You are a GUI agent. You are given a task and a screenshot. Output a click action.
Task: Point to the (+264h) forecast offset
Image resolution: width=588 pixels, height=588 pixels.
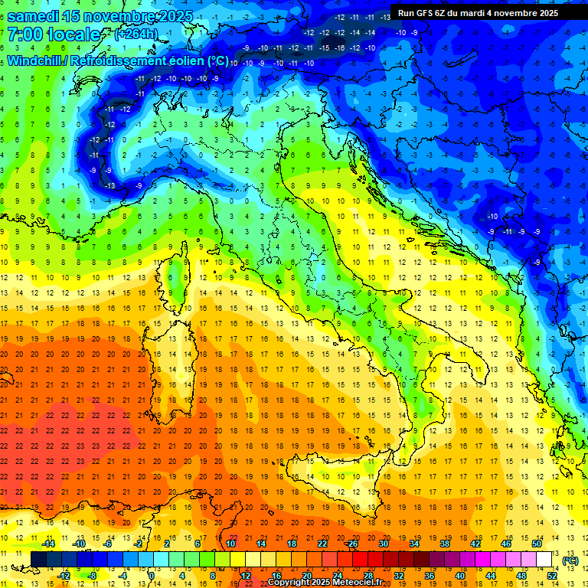[x=136, y=34]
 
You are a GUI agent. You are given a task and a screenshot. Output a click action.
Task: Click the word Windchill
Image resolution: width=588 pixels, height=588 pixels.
[x=34, y=60]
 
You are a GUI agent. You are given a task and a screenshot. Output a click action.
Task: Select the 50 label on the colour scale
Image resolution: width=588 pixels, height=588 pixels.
[x=536, y=544]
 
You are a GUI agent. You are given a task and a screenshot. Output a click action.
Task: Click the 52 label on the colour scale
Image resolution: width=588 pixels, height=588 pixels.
[x=552, y=576]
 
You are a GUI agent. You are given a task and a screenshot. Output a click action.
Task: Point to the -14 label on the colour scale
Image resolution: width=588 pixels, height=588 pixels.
[x=47, y=544]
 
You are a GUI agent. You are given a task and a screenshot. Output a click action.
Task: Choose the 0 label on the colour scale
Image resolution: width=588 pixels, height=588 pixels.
[x=151, y=576]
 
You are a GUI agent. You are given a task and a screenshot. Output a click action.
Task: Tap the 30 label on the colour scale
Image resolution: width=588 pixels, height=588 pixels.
[x=384, y=544]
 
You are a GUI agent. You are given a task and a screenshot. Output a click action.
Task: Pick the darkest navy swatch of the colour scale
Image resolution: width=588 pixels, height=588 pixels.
[x=38, y=560]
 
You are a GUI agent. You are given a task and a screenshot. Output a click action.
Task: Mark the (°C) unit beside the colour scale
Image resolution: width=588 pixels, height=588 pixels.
[x=570, y=560]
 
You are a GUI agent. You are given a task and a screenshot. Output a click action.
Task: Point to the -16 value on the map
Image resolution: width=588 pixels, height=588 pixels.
[x=340, y=47]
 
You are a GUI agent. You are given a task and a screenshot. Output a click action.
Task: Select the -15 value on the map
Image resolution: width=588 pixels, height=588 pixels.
[x=325, y=47]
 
